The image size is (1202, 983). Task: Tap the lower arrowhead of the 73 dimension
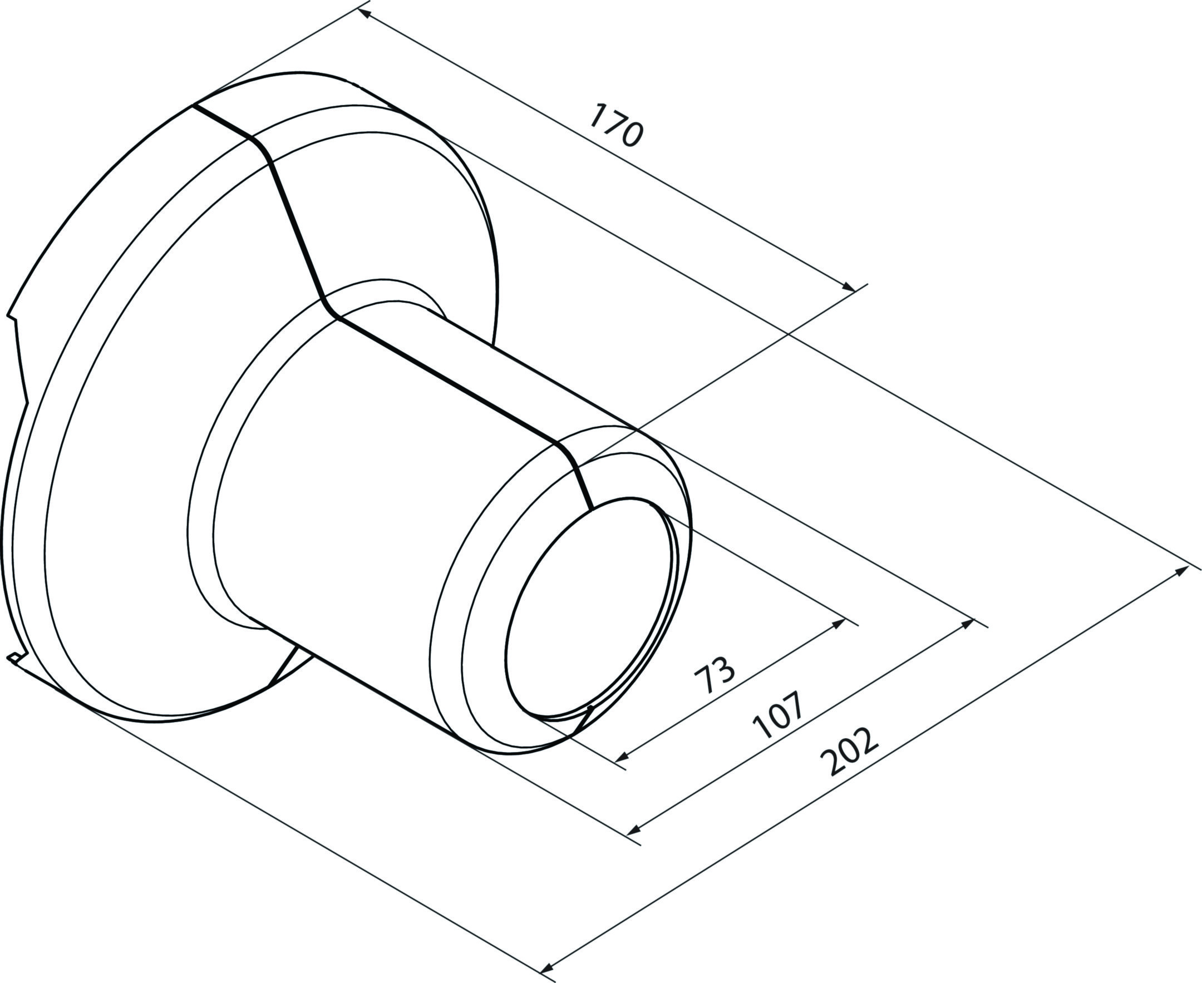pyautogui.click(x=623, y=757)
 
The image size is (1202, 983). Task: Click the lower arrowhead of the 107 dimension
pyautogui.click(x=635, y=830)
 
